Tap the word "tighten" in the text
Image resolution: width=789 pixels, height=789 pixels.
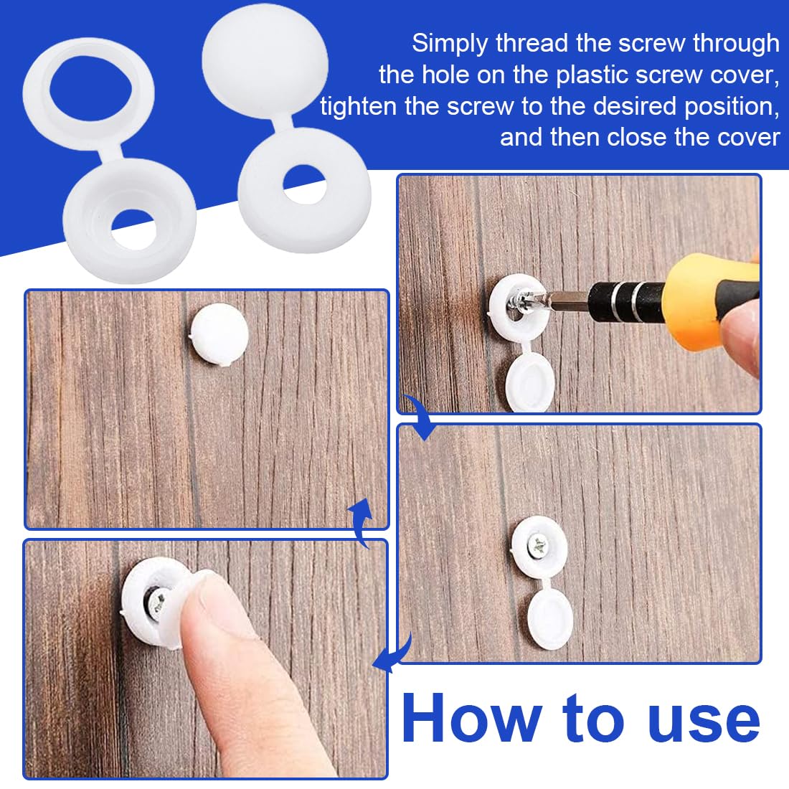click(x=358, y=107)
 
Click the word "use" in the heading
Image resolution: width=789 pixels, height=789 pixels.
click(x=704, y=722)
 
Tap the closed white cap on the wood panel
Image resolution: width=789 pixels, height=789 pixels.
click(x=219, y=334)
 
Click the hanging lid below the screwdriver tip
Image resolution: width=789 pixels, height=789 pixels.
click(x=529, y=381)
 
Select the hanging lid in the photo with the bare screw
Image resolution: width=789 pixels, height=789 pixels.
click(x=550, y=620)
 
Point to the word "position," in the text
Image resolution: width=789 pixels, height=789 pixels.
click(x=732, y=107)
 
